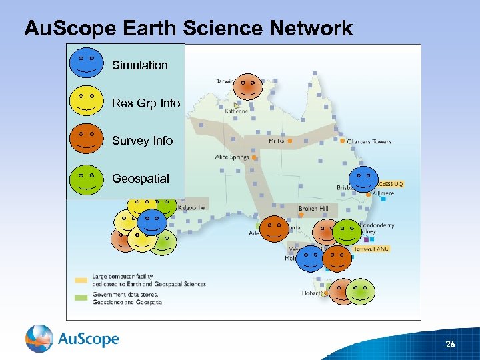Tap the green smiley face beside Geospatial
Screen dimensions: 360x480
pos(86,178)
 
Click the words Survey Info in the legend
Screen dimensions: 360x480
pos(142,141)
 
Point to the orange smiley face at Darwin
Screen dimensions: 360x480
pos(250,85)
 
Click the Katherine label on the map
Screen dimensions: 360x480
pos(235,111)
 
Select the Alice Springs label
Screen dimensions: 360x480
pos(231,157)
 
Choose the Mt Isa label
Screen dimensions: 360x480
pos(276,141)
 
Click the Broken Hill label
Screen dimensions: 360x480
pos(313,209)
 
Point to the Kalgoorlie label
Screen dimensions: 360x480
pos(191,208)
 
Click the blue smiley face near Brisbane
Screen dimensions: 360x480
pos(363,179)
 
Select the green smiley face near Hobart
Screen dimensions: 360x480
pos(361,291)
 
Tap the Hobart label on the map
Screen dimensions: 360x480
pos(311,293)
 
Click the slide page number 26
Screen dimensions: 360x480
pos(450,344)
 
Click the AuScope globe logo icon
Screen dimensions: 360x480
pos(39,339)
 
